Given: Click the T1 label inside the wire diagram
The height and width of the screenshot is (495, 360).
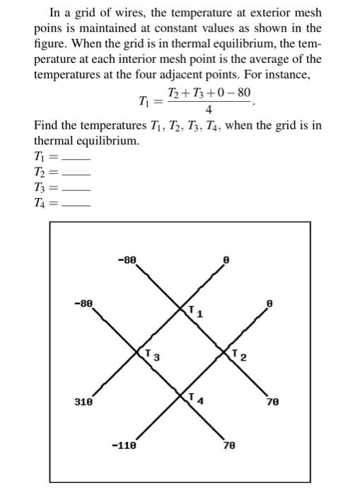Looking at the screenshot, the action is point(196,311).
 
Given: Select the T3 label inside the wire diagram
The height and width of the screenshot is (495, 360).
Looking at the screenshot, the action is point(151,354).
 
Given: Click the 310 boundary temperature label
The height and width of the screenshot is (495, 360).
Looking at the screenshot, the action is point(83,402).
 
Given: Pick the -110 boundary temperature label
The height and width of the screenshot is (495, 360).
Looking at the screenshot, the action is point(124,446).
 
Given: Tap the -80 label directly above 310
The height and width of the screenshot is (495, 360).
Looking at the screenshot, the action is point(83,303).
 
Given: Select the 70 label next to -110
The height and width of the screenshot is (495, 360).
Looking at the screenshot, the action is point(228,446).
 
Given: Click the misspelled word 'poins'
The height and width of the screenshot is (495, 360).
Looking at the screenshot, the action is point(47,28).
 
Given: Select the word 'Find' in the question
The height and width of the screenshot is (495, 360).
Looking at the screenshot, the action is point(46,125).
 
